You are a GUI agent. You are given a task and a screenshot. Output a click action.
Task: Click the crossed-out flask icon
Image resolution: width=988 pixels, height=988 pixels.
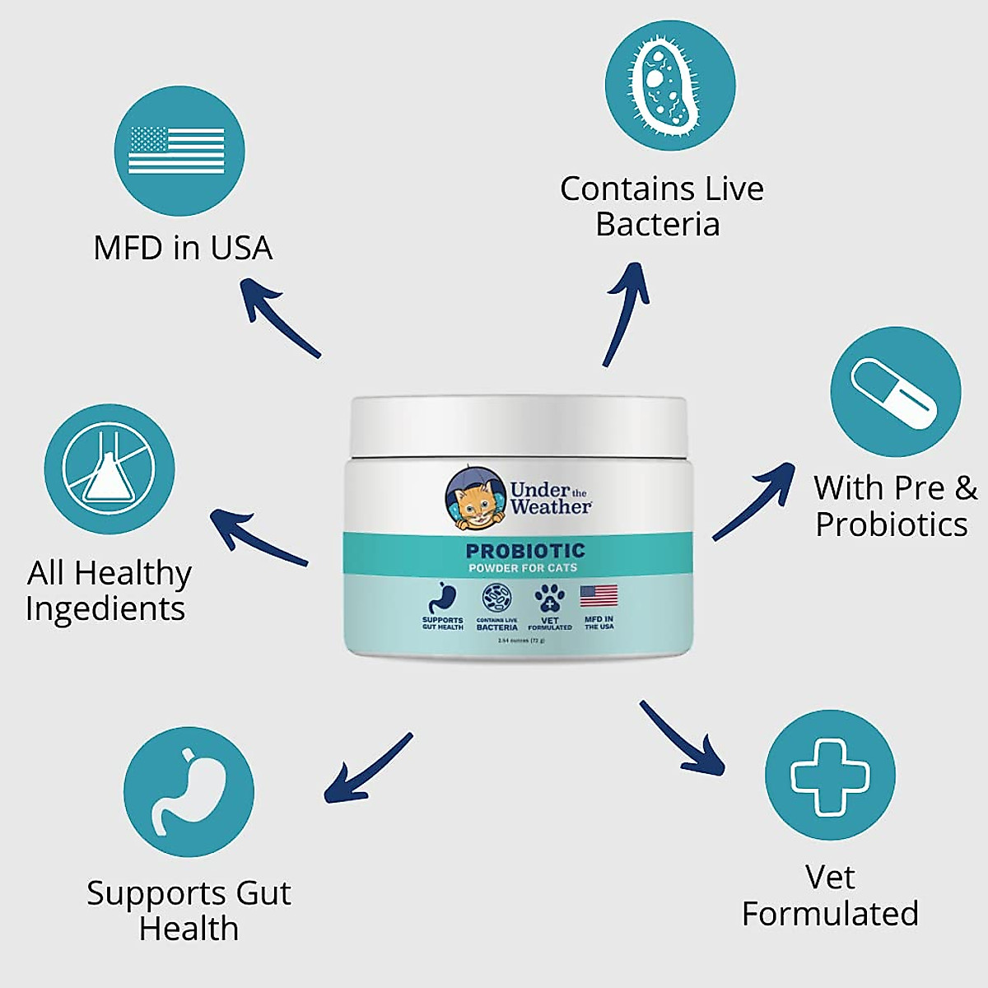pyautogui.click(x=110, y=468)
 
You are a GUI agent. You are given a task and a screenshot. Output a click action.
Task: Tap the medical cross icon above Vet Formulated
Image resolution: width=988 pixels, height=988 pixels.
pyautogui.click(x=830, y=776)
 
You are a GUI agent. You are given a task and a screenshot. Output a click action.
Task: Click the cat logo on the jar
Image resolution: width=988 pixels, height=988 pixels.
pyautogui.click(x=476, y=499)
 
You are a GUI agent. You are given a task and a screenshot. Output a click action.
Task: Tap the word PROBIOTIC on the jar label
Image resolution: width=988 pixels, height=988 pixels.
pyautogui.click(x=525, y=551)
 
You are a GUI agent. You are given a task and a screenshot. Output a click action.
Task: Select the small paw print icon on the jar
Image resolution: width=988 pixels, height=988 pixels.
pyautogui.click(x=549, y=599)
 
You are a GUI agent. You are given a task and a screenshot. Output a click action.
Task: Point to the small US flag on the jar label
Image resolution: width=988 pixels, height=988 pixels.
pyautogui.click(x=599, y=596)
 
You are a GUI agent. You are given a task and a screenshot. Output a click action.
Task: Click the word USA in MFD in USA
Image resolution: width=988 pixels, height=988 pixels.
pyautogui.click(x=240, y=248)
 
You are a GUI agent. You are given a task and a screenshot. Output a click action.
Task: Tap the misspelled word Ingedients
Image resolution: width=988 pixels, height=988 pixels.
pyautogui.click(x=105, y=609)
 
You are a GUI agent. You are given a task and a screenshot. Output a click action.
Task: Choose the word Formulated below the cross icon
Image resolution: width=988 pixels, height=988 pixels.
pyautogui.click(x=830, y=914)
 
